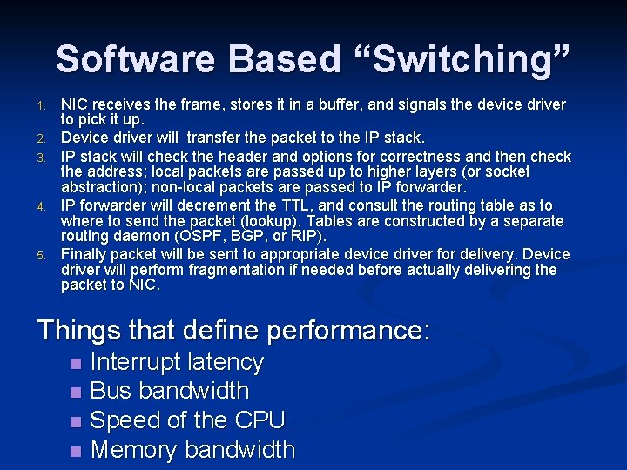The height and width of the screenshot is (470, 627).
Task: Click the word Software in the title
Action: tap(136, 59)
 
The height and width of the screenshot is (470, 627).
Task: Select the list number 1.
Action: tap(41, 106)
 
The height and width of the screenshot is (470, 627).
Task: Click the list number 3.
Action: tap(41, 158)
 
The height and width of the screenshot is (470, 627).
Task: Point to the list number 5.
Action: tap(41, 255)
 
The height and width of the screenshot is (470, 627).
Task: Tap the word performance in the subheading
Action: tap(348, 331)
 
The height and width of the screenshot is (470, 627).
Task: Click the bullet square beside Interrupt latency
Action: tap(77, 363)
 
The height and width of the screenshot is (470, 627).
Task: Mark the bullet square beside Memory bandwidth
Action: tap(77, 451)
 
